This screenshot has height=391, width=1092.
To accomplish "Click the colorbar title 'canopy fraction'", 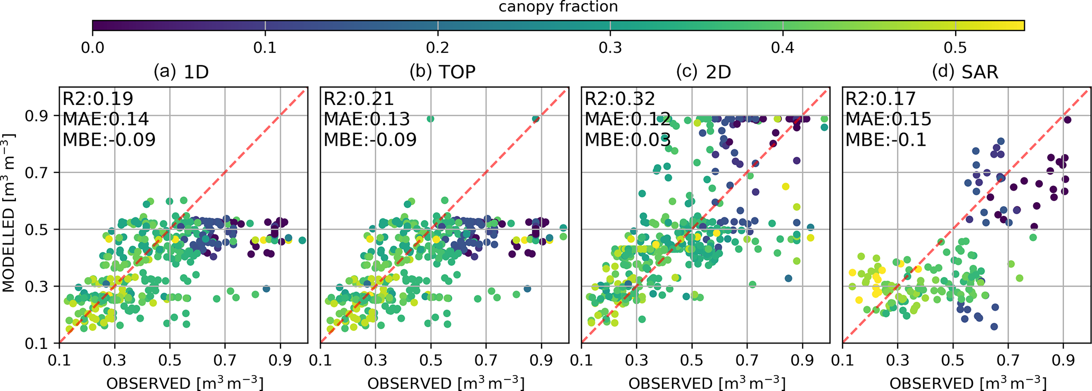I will click(x=558, y=7).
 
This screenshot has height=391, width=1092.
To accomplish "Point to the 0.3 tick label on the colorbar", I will click(x=610, y=48).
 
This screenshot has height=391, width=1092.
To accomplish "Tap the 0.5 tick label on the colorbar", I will click(x=955, y=48).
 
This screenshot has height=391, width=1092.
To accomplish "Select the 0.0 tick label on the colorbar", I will click(x=92, y=48).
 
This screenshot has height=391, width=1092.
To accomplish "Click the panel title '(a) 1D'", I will click(x=181, y=71).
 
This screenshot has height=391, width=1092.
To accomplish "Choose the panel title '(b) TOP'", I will click(x=442, y=71).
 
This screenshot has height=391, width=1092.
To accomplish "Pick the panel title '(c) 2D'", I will click(x=703, y=71).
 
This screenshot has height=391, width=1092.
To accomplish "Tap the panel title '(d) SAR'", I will click(x=965, y=71).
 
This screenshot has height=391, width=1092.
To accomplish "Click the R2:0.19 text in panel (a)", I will click(x=98, y=99).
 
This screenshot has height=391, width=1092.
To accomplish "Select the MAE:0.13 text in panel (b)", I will click(x=367, y=119).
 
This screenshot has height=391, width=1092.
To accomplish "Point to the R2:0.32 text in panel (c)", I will click(x=620, y=99).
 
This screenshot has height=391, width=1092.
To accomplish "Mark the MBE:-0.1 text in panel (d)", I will click(x=886, y=140).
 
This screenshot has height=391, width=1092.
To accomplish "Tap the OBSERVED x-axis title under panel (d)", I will click(x=968, y=383).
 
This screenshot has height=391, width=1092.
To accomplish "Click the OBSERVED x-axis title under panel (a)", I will click(x=184, y=383).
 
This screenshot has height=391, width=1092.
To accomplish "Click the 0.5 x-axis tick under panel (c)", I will click(x=692, y=360).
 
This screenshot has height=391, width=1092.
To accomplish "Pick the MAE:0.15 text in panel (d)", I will click(x=889, y=119).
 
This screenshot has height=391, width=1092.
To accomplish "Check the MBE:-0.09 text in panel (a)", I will click(x=109, y=140).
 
